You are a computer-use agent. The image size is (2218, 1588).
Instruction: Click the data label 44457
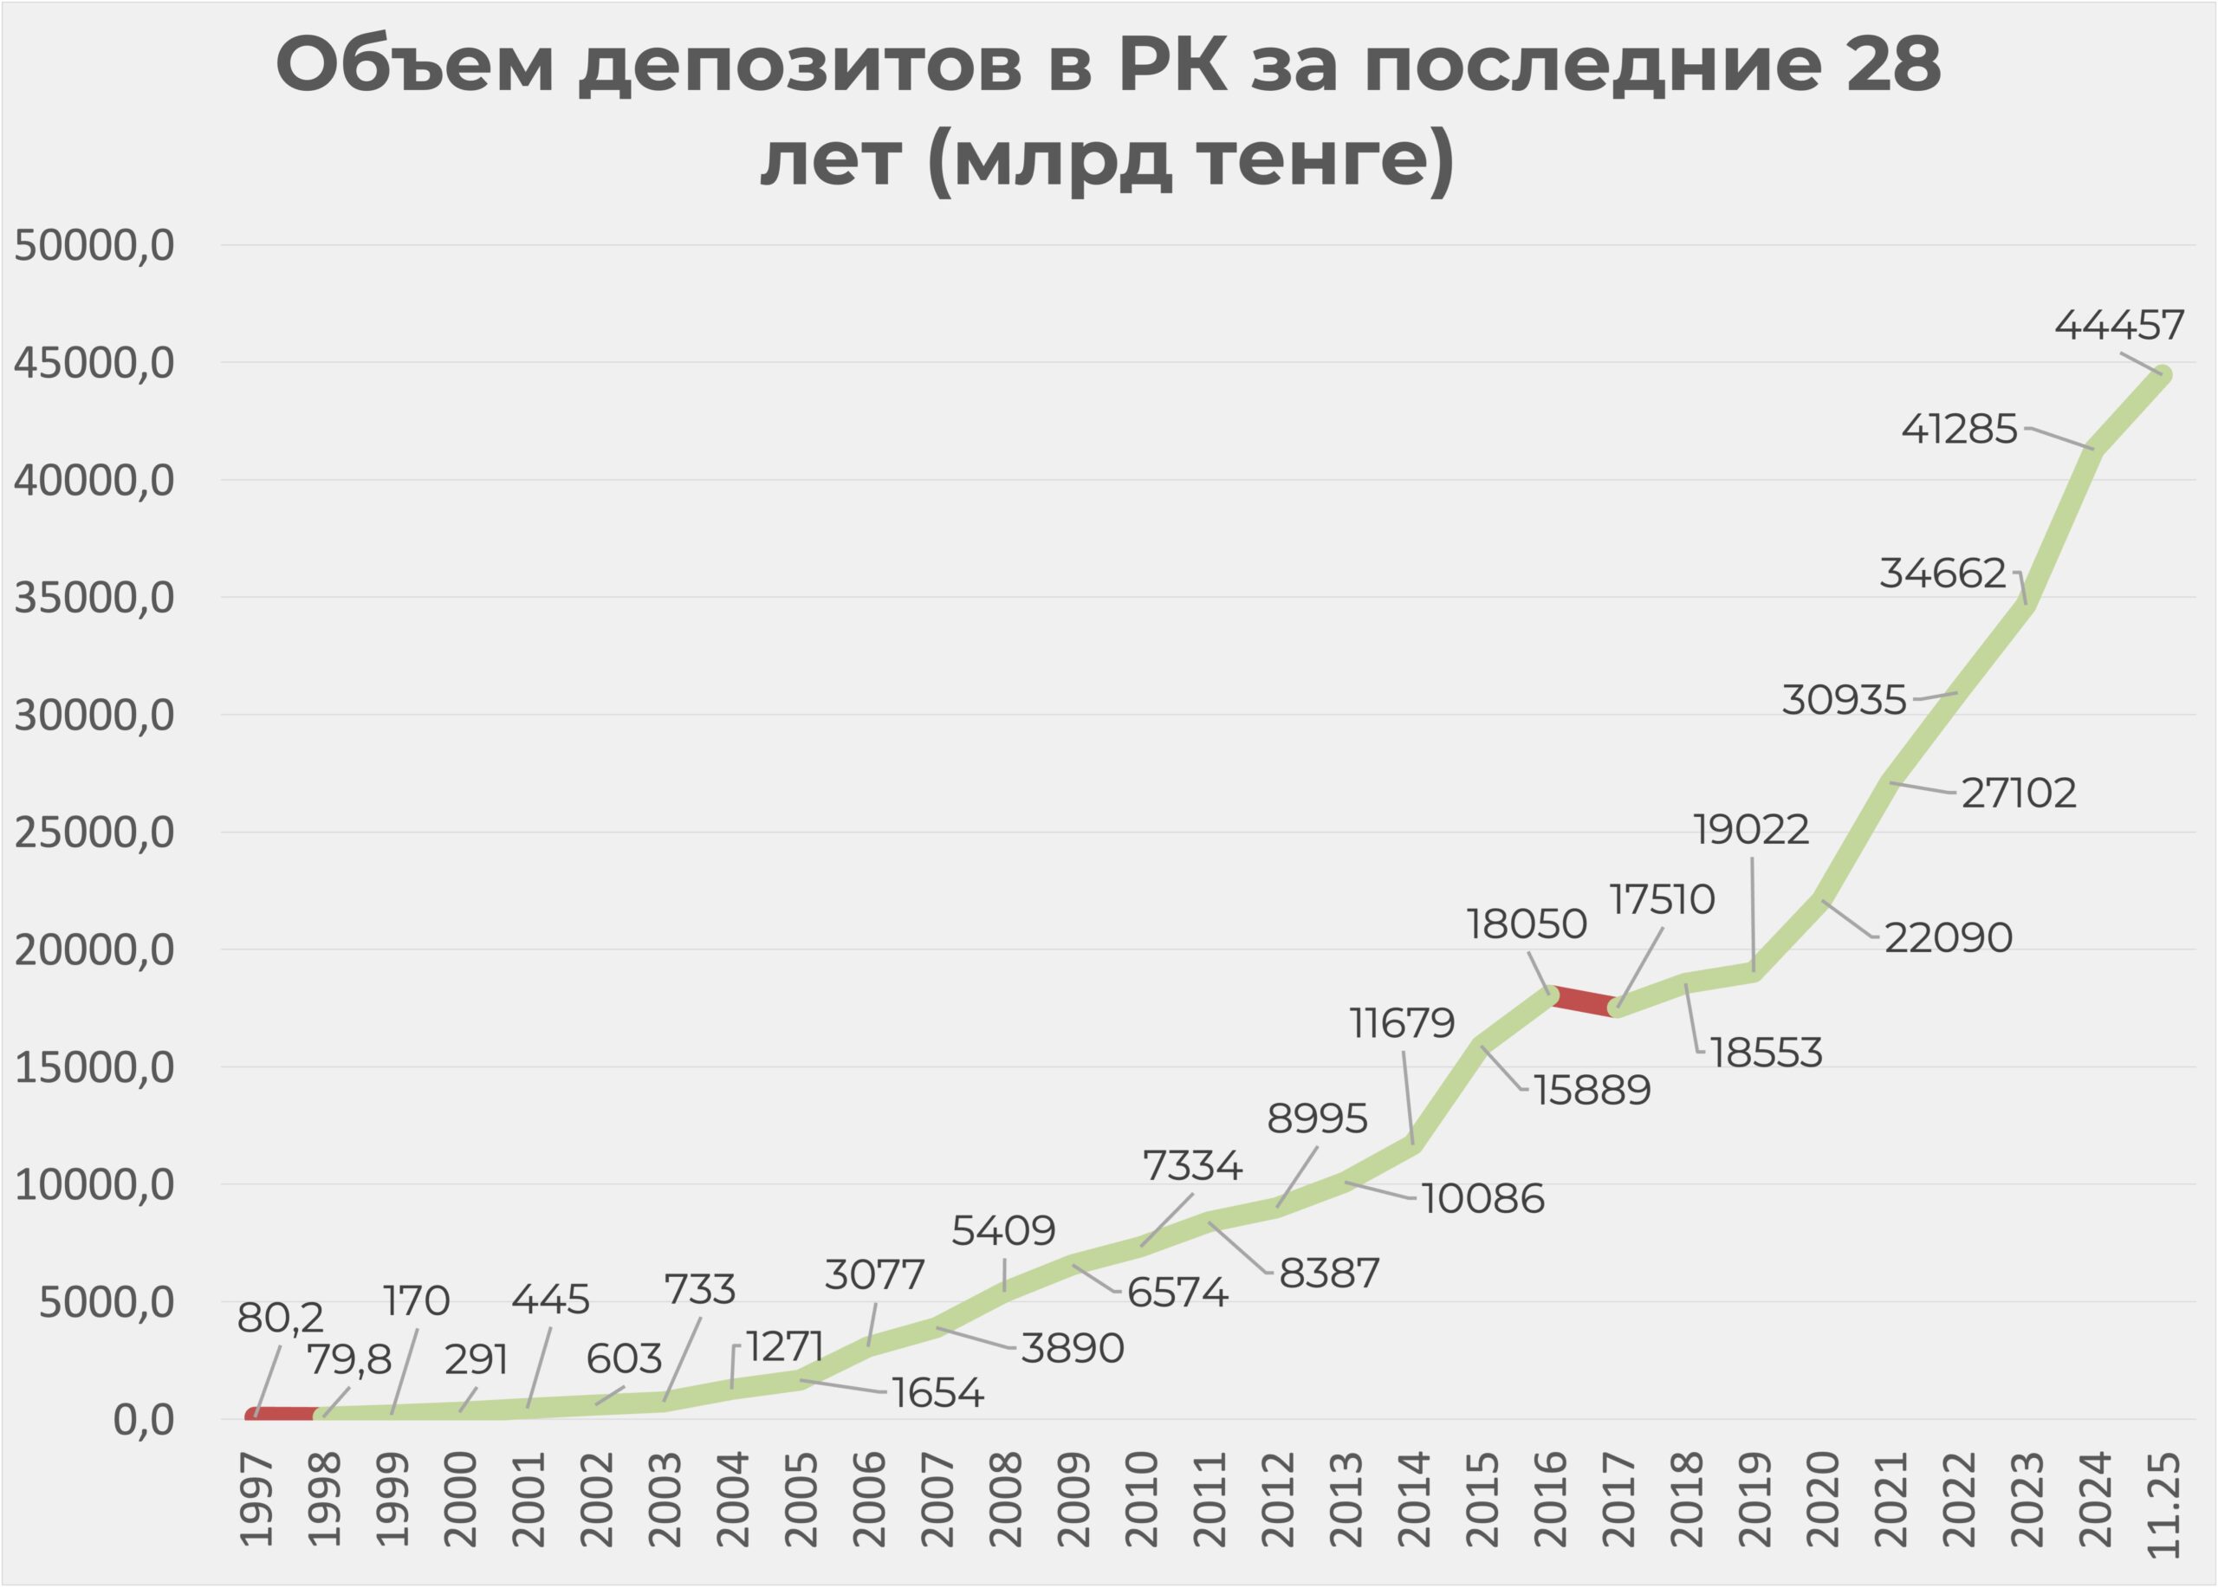pyautogui.click(x=2118, y=326)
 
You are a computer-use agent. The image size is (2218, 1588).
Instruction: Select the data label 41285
pyautogui.click(x=1959, y=429)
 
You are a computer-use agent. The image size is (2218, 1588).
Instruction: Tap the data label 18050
pyautogui.click(x=1526, y=924)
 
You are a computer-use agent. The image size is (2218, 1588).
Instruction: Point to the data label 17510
pyautogui.click(x=1662, y=899)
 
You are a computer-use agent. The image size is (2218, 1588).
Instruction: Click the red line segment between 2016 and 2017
pyautogui.click(x=1585, y=1001)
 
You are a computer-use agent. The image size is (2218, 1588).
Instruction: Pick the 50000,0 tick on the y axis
pyautogui.click(x=94, y=245)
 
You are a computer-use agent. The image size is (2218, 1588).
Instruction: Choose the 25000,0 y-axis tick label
pyautogui.click(x=94, y=833)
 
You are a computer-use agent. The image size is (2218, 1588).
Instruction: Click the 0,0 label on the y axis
pyautogui.click(x=144, y=1420)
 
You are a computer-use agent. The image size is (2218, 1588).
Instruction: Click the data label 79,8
pyautogui.click(x=349, y=1359)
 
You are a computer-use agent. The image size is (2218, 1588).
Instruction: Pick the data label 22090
pyautogui.click(x=1948, y=937)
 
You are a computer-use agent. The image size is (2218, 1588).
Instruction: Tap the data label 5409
pyautogui.click(x=1003, y=1231)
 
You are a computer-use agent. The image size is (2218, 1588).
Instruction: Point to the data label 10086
pyautogui.click(x=1482, y=1199)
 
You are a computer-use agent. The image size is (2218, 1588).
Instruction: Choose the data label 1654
pyautogui.click(x=937, y=1393)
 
